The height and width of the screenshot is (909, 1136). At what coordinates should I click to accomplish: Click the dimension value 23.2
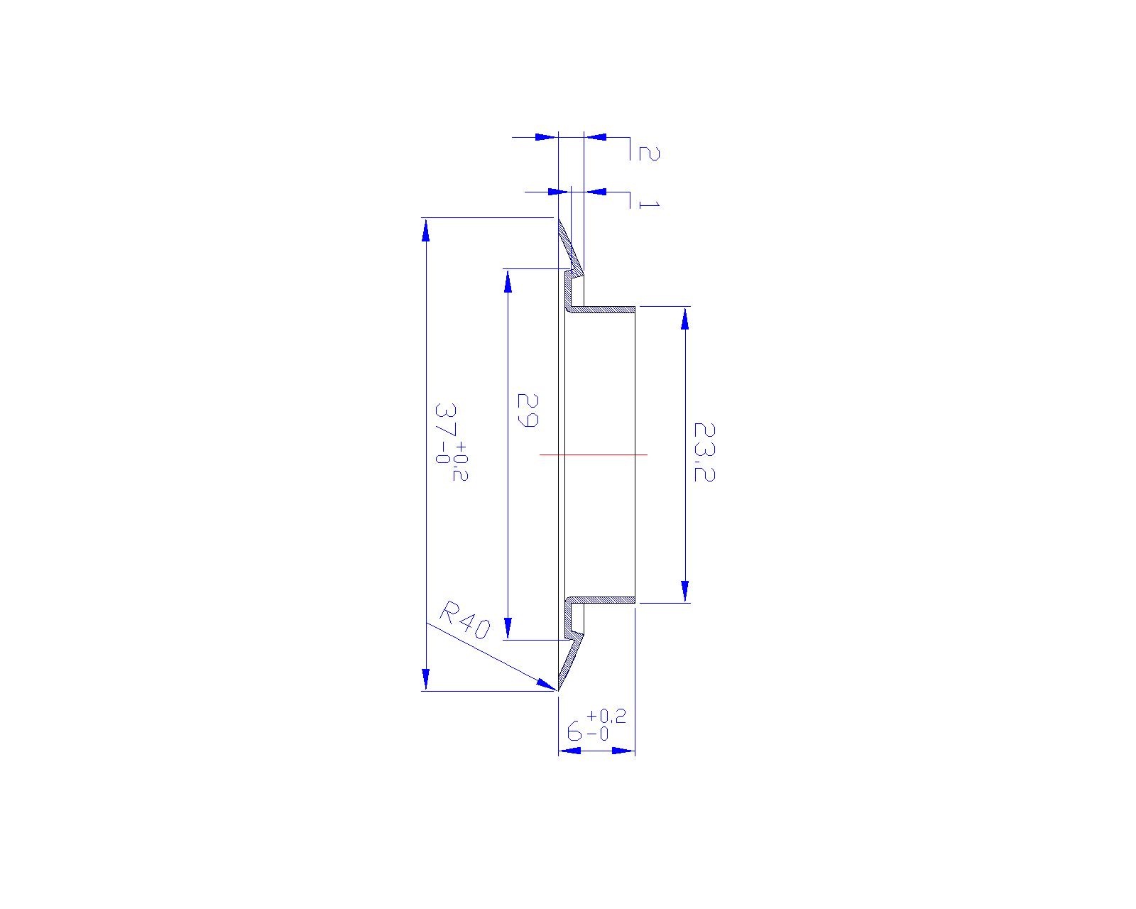(704, 452)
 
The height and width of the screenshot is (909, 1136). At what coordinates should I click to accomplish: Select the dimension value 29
(528, 410)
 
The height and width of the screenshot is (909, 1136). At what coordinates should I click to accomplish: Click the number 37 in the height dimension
(446, 420)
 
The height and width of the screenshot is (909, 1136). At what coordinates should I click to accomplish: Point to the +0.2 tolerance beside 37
(460, 461)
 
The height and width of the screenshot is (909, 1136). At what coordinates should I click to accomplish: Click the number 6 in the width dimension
(574, 732)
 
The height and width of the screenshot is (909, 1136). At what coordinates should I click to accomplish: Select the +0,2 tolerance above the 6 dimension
(606, 716)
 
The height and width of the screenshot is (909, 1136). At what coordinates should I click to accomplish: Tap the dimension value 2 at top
(649, 153)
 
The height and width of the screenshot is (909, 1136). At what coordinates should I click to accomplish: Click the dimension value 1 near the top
(649, 205)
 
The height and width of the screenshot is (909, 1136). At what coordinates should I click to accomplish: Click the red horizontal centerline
(594, 454)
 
